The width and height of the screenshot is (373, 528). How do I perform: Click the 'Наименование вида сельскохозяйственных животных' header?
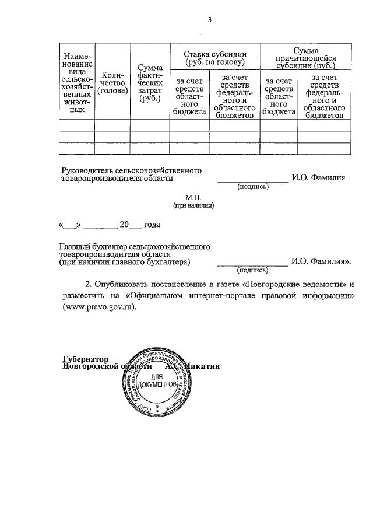point(77,82)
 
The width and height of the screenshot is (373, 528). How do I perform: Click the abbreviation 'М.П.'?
point(193,198)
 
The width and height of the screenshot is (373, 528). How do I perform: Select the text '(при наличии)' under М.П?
point(193,205)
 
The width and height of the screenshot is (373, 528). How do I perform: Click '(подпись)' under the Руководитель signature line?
point(253,187)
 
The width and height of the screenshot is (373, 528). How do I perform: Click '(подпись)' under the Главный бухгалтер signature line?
point(252,270)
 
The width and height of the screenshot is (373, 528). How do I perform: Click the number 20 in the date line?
point(124,225)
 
